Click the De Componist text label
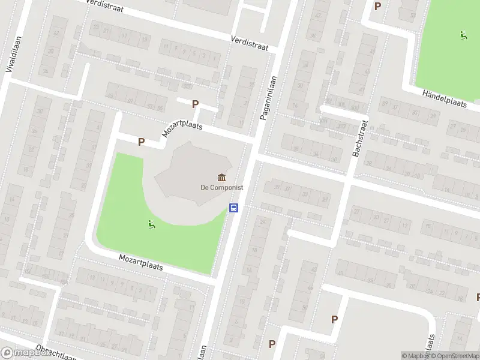click(222, 187)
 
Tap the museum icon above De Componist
click(222, 177)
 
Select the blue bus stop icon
click(234, 208)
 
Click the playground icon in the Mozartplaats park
click(151, 225)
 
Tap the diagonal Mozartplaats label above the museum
click(182, 125)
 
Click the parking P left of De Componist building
click(141, 142)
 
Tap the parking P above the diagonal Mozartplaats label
click(195, 104)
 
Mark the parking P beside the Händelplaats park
click(377, 7)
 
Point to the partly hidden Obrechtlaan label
click(56, 353)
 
